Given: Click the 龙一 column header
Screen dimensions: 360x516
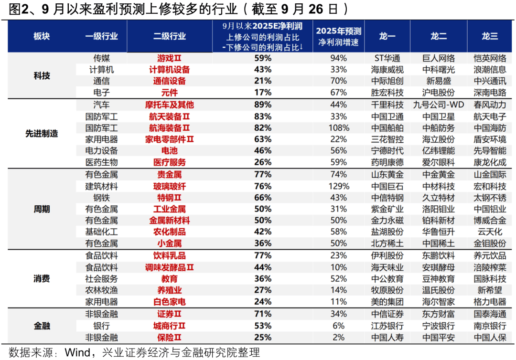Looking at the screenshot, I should [x=387, y=36].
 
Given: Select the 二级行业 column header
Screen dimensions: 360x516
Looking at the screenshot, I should [x=170, y=36].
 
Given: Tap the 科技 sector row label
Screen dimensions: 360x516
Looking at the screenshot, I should [x=42, y=75].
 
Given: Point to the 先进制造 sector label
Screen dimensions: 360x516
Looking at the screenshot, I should [x=42, y=134].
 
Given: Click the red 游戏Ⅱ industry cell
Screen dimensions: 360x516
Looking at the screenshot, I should [x=170, y=58].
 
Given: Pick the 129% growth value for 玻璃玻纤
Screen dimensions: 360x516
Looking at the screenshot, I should [x=339, y=186].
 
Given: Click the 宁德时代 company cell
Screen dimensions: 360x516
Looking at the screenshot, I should [x=387, y=151].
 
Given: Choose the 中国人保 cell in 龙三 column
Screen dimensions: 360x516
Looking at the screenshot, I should [x=490, y=338].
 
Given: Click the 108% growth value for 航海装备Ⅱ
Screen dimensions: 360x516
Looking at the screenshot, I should [x=339, y=128].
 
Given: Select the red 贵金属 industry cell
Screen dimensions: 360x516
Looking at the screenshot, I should [x=170, y=174].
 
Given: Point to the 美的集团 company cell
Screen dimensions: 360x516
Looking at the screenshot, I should [x=387, y=302].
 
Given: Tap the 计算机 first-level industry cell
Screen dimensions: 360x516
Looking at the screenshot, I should [x=101, y=70].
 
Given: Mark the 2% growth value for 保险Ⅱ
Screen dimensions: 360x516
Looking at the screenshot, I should [x=339, y=338].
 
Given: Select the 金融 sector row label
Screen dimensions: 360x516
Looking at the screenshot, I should [x=42, y=326].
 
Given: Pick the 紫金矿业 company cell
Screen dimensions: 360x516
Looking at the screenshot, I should [x=387, y=209].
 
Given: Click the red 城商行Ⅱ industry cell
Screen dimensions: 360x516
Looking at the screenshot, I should [x=170, y=326].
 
